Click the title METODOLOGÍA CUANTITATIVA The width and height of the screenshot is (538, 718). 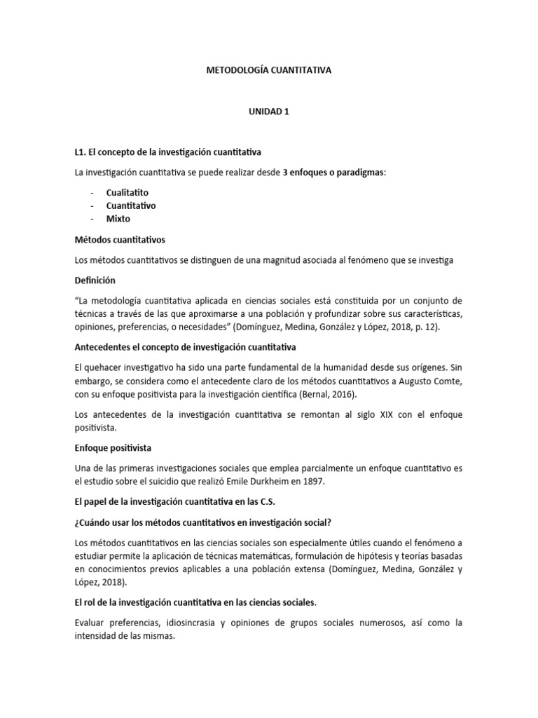(x=268, y=70)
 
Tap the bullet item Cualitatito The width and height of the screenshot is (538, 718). (x=127, y=192)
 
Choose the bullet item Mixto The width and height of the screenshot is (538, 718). (x=118, y=219)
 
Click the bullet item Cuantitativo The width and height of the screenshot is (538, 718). (x=131, y=205)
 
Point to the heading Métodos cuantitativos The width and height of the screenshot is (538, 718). (x=119, y=239)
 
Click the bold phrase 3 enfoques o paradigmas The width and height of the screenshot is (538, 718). (x=333, y=172)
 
